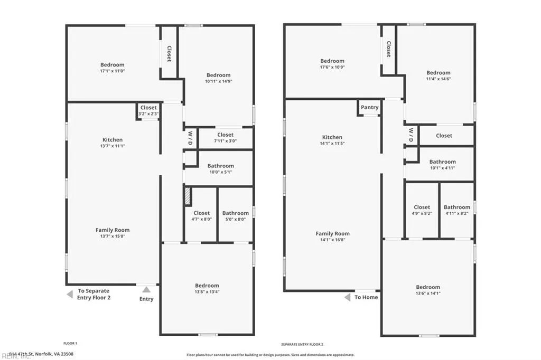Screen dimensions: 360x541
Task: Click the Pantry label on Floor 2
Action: (x=369, y=107)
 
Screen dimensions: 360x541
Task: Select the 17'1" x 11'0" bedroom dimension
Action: (x=112, y=71)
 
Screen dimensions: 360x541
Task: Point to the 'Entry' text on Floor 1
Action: (x=146, y=299)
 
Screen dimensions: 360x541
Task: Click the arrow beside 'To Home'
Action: (x=347, y=298)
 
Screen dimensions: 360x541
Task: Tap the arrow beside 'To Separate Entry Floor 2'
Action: (x=69, y=294)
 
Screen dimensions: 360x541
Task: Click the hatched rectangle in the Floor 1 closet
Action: (x=187, y=197)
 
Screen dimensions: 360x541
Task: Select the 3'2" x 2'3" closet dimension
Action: (x=148, y=113)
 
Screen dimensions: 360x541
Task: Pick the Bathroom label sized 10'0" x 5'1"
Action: (x=220, y=166)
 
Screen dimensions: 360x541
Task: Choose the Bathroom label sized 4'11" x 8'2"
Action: (x=456, y=207)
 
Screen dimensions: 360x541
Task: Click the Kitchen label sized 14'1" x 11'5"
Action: (x=332, y=137)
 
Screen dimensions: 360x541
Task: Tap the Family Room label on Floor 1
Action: (x=112, y=230)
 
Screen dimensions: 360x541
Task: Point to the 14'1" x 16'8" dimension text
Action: (x=333, y=240)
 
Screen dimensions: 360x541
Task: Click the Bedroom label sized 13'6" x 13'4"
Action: (x=207, y=286)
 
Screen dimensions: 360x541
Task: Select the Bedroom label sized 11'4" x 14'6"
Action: (x=439, y=73)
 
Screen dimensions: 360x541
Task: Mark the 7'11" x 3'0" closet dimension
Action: (x=225, y=141)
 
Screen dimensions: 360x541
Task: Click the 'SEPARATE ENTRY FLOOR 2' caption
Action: (x=302, y=344)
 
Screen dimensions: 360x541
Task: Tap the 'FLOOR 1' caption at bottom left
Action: (x=70, y=344)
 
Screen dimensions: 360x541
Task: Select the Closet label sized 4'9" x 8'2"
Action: (x=422, y=207)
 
